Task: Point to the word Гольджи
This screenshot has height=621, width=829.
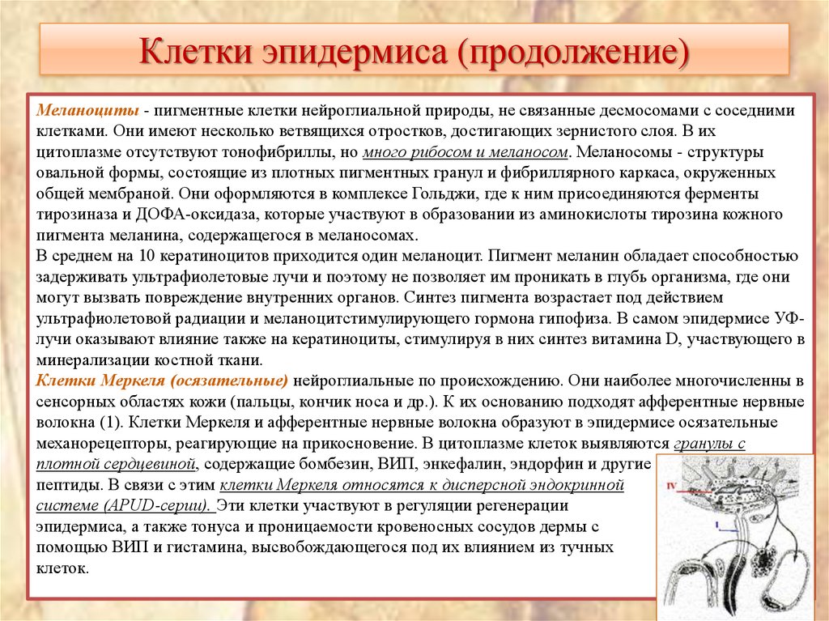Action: coord(480,194)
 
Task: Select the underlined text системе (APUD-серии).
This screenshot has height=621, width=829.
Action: coord(123,506)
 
